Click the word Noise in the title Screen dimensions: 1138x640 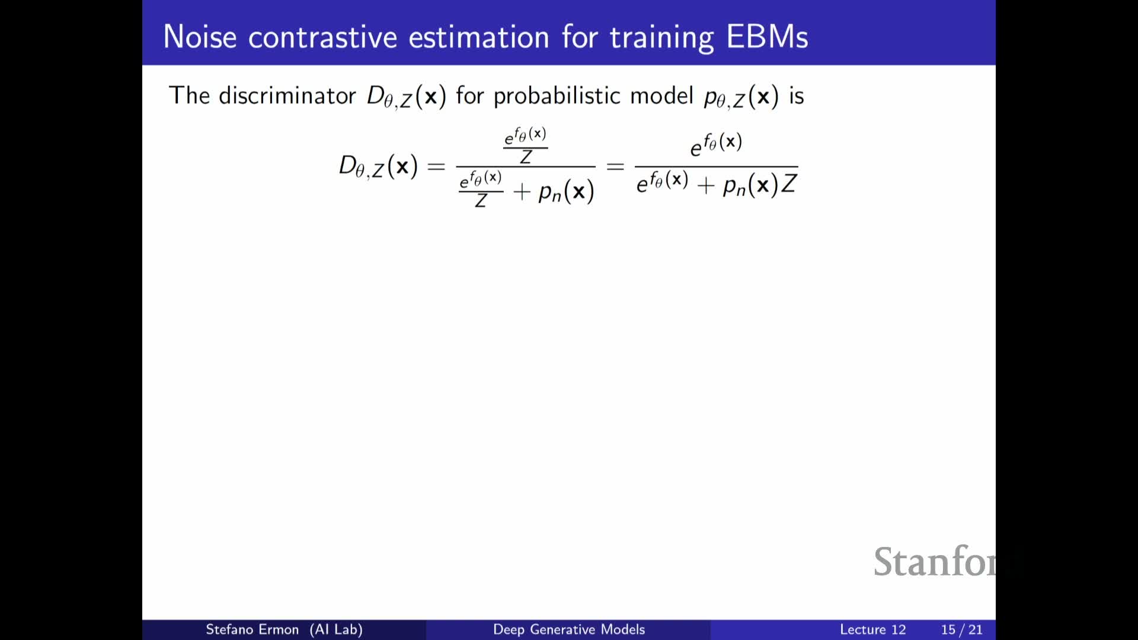(200, 37)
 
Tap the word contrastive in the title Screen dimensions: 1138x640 (322, 37)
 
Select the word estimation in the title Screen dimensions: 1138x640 (479, 37)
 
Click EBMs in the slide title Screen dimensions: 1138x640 (767, 37)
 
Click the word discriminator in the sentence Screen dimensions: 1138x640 (287, 95)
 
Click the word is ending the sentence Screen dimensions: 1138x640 (796, 96)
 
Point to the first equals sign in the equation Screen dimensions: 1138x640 (436, 167)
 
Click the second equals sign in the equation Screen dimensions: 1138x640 (615, 167)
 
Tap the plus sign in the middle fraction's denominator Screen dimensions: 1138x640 (522, 192)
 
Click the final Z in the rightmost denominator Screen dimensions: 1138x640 (789, 184)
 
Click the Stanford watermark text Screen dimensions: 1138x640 (935, 561)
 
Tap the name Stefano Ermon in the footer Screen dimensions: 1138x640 (252, 629)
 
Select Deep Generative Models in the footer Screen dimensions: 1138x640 (569, 629)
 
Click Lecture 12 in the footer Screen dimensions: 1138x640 (873, 629)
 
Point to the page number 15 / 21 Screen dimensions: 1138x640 (962, 629)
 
